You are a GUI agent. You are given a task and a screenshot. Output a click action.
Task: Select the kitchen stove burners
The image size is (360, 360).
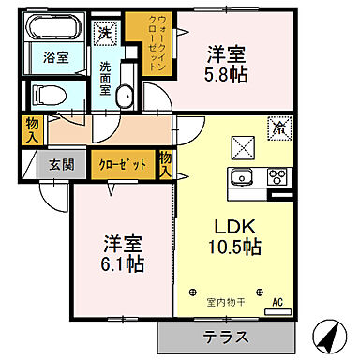point(278,175)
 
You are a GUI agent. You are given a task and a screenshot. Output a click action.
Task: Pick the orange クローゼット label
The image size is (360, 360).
point(124,164)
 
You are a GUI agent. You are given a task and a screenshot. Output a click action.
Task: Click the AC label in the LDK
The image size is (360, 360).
point(277,302)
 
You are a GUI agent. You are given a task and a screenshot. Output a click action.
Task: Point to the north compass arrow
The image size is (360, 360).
point(326,333)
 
